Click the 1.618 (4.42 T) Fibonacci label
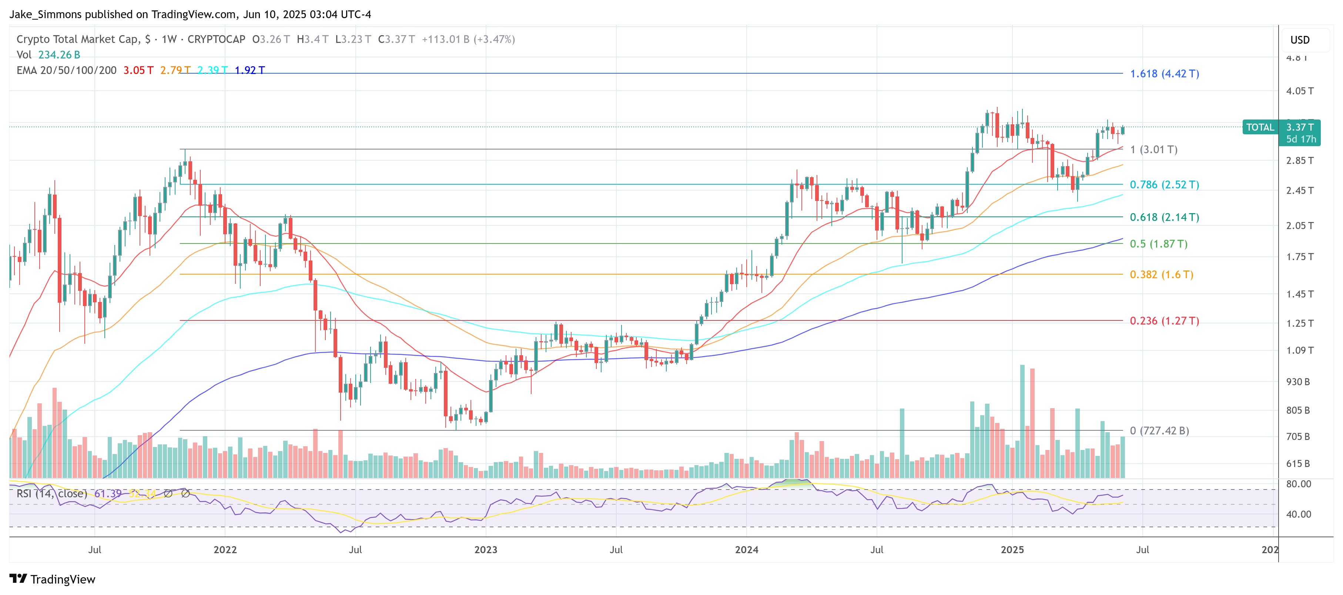point(1164,74)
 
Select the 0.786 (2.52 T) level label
point(1164,184)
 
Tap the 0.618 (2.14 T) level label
point(1164,217)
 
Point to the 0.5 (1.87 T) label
point(1158,243)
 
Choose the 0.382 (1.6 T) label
point(1161,274)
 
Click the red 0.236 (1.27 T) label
point(1164,320)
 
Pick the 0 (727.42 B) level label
point(1159,430)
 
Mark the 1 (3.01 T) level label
point(1153,149)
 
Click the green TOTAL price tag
point(1260,127)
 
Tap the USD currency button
point(1299,40)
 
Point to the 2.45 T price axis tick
point(1299,191)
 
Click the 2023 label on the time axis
point(485,549)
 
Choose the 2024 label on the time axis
point(746,549)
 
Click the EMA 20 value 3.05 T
point(138,70)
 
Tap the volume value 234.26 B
point(59,55)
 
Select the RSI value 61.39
point(108,493)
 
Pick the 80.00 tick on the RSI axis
point(1298,484)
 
